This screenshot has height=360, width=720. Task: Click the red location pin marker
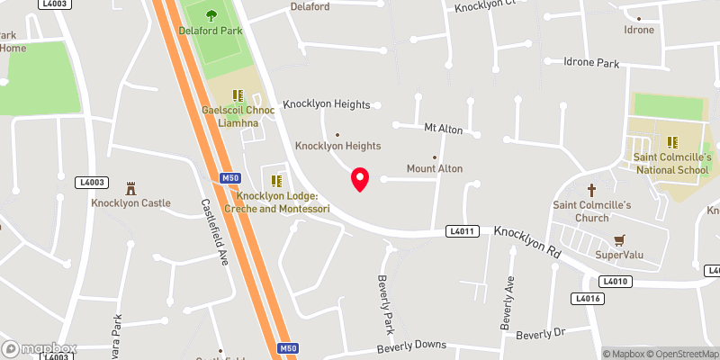tap(360, 179)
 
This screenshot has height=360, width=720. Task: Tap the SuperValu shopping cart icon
tap(618, 240)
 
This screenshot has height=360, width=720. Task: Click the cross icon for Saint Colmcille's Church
tap(592, 190)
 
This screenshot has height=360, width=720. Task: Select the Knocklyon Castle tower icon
tap(130, 188)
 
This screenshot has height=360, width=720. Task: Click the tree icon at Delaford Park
tap(211, 14)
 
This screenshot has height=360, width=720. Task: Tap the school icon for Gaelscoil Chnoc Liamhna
tap(238, 94)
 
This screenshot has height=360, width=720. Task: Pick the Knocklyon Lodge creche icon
tap(277, 180)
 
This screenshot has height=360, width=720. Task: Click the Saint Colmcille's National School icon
tap(671, 141)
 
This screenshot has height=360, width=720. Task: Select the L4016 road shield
tap(586, 298)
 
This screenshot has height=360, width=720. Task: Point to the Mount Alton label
tap(434, 168)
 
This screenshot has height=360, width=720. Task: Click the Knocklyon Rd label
tap(526, 242)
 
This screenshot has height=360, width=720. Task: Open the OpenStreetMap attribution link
tap(680, 354)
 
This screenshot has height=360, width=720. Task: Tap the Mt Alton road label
tap(443, 130)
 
